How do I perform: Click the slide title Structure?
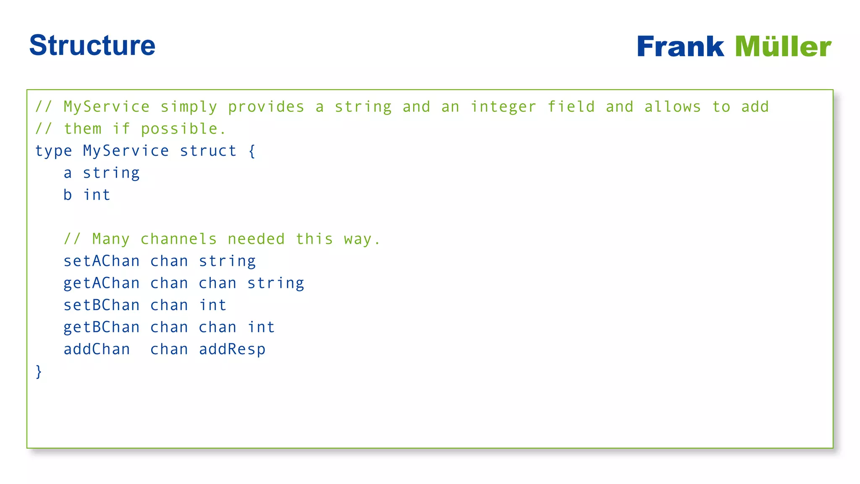tap(92, 45)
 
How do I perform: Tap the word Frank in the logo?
tap(680, 46)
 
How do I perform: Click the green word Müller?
tap(783, 46)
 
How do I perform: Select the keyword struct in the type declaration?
tap(208, 151)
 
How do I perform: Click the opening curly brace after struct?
tap(252, 151)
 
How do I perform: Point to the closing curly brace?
tap(39, 371)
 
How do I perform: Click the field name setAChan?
tap(101, 261)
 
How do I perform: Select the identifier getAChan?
tap(101, 284)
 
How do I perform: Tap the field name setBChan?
tap(101, 305)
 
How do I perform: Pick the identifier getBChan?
tap(101, 328)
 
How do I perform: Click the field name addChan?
tap(97, 350)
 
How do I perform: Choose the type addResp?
tap(232, 350)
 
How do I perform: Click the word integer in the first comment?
tap(503, 107)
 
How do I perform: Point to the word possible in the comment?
tap(179, 129)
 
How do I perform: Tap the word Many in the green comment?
tap(111, 239)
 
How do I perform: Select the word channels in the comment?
tap(178, 239)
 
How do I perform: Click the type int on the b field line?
tap(97, 195)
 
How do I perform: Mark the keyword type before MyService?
tap(53, 151)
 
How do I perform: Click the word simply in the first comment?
tap(189, 107)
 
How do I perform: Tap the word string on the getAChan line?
tap(275, 284)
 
